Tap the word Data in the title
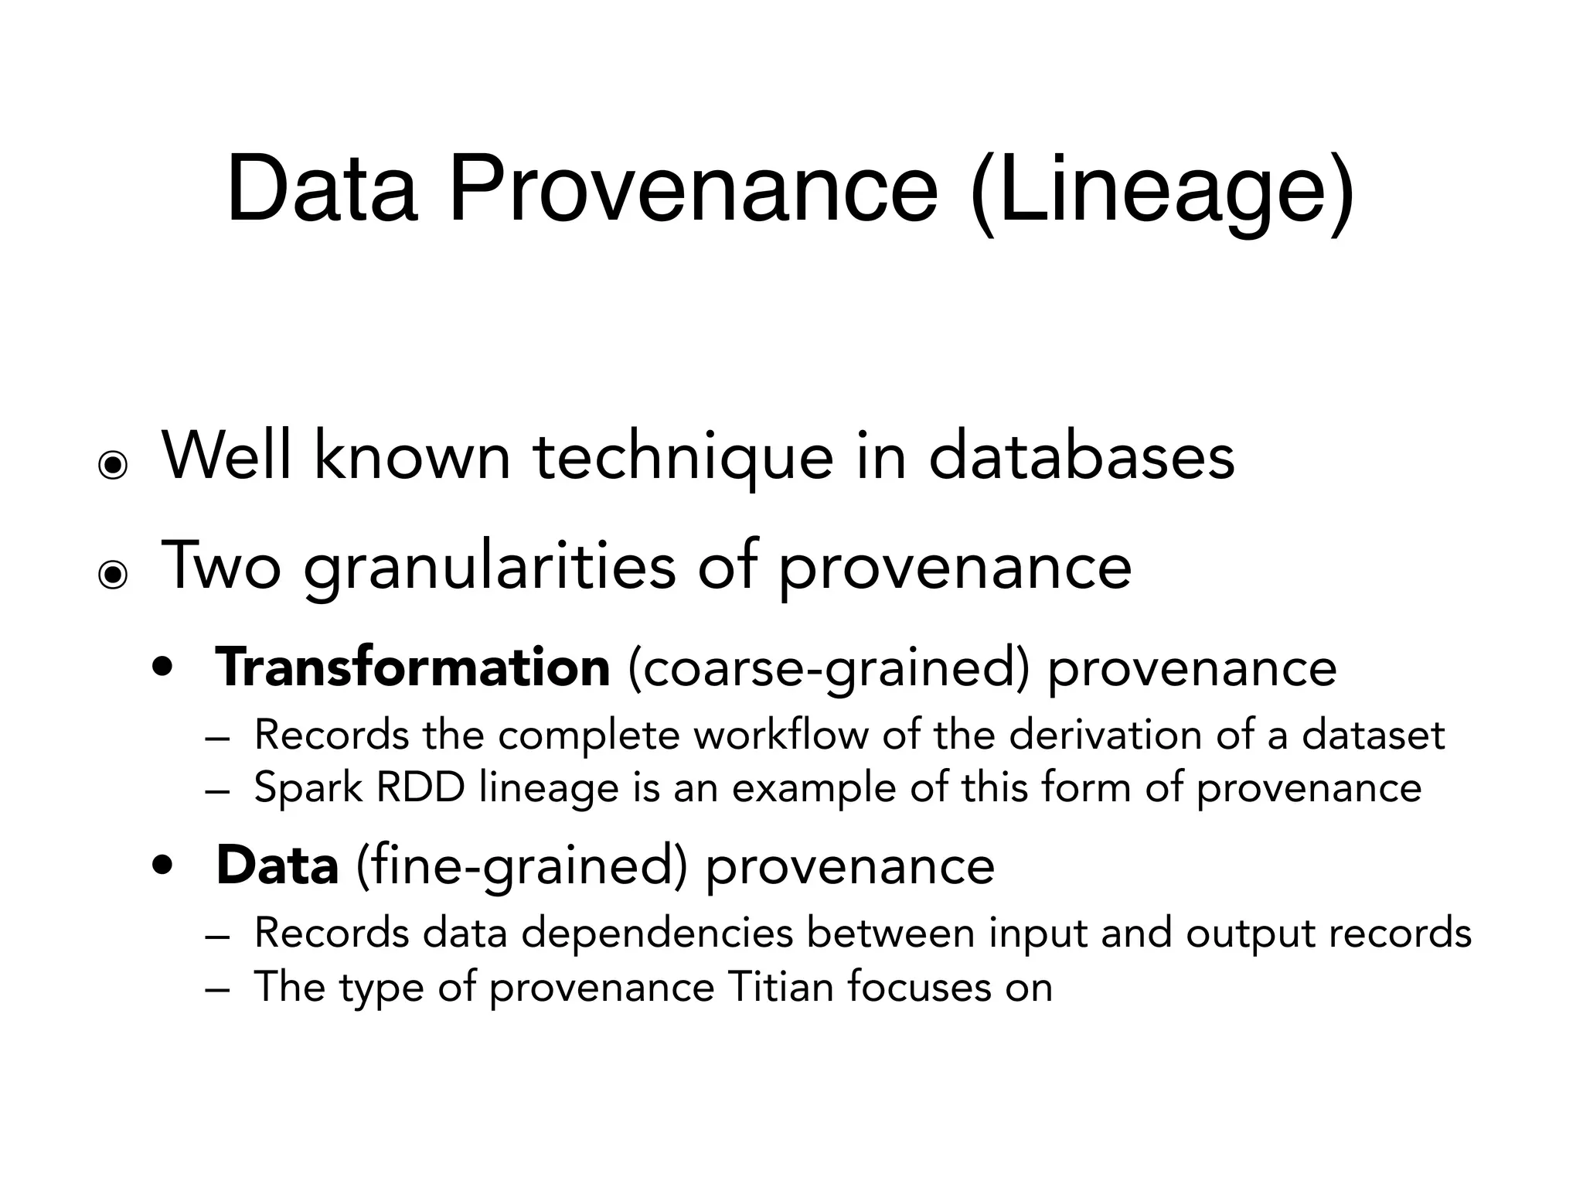[322, 190]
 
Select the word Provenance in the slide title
[693, 190]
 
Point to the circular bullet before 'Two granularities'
[113, 575]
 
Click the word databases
[1081, 456]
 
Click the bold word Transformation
[413, 667]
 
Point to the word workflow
[781, 734]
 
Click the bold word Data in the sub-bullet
[277, 865]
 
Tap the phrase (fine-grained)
[521, 866]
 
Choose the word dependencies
[657, 933]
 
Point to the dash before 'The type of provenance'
[218, 989]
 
